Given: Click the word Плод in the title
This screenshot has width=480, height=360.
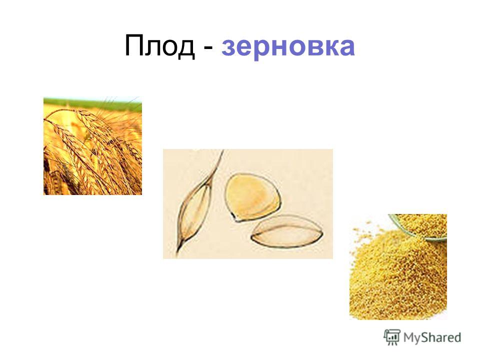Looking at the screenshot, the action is coord(160,46).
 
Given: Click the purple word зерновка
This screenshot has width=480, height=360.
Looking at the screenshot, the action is coord(288,48).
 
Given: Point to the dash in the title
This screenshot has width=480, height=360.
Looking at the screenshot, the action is coord(208,49).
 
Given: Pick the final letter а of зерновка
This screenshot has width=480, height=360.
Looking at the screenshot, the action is coord(346,47).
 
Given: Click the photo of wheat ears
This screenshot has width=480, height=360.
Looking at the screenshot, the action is coord(93,145).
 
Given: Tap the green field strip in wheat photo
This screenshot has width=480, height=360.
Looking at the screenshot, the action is coord(93,104).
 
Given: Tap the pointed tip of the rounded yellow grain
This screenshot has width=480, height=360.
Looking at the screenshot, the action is coord(236,220).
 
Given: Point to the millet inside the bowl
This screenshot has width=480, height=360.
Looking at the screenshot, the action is coord(424,223).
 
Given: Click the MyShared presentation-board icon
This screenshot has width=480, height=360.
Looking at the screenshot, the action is coord(392,337).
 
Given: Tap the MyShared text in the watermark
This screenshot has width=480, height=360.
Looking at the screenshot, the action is coord(432,337).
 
